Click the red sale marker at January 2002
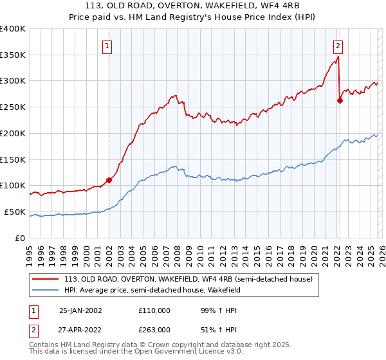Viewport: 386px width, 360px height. click(109, 180)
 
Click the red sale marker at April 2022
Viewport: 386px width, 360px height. click(340, 100)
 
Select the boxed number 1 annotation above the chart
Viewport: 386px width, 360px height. click(106, 46)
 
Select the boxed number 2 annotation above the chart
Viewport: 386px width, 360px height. click(338, 46)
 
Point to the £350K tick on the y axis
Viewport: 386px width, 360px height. click(13, 55)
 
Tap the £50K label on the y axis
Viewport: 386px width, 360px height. click(15, 212)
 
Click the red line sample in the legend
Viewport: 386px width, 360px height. click(46, 279)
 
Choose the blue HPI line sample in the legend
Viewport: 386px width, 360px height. click(46, 290)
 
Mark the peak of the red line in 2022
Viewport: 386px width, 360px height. click(338, 57)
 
